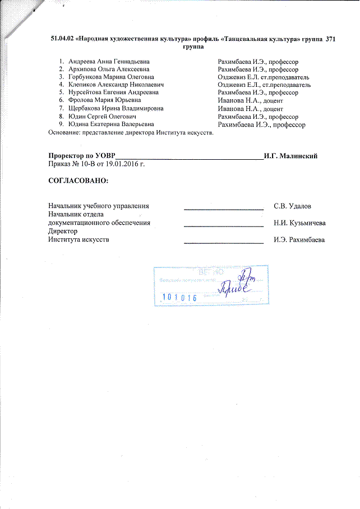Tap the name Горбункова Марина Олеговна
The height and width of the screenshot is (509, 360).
[x=111, y=76]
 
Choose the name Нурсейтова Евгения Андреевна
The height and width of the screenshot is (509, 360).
[x=113, y=92]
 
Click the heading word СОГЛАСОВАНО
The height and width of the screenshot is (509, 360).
[x=78, y=182]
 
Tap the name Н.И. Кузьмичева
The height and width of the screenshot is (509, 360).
[x=300, y=223]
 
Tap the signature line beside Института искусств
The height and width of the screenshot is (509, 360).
[x=224, y=243]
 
